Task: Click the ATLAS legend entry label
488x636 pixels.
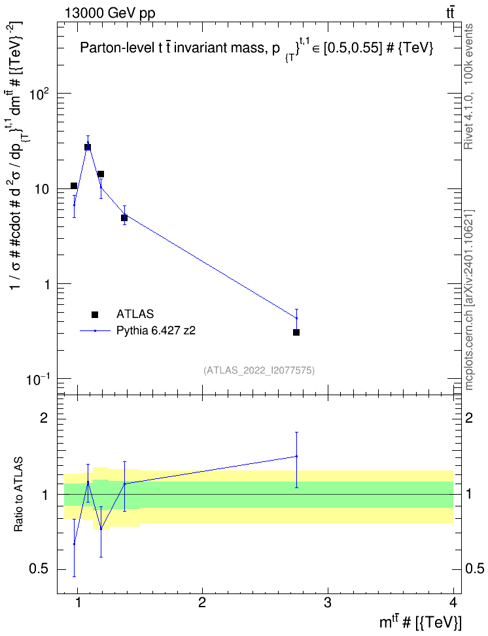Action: point(135,314)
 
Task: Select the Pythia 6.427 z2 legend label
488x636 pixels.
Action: point(156,330)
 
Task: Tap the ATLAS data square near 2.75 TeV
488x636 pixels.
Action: point(296,332)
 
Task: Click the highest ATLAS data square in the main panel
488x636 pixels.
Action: point(88,147)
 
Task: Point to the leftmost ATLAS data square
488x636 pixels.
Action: point(74,186)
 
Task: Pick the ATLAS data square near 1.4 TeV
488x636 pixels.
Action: point(124,218)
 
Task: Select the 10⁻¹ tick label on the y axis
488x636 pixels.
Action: point(38,379)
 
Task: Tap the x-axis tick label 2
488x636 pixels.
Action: point(202,602)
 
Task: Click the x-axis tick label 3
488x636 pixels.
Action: point(327,602)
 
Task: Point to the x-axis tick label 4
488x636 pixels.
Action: point(453,602)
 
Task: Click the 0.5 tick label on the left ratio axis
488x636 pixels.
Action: point(39,569)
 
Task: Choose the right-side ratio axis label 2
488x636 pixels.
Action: point(469,417)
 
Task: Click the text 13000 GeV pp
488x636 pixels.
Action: point(110,13)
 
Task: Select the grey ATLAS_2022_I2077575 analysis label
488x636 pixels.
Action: point(259,370)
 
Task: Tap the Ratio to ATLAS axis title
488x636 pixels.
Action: point(18,495)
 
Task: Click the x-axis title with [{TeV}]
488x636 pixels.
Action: point(420,621)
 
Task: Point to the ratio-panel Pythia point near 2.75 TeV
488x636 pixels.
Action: point(296,456)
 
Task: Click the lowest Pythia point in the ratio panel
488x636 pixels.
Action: point(74,544)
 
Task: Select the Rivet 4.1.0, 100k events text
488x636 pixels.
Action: point(468,86)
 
